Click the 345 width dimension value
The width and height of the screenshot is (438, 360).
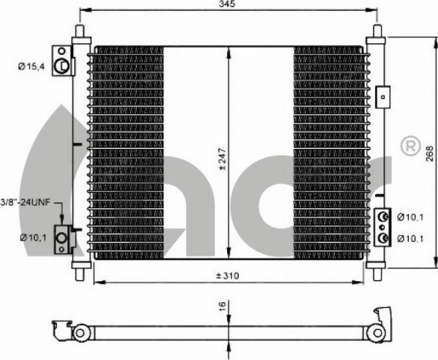(x=227, y=5)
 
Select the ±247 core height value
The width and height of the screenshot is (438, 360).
(x=222, y=156)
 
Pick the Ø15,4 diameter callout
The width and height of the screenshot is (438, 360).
(x=31, y=66)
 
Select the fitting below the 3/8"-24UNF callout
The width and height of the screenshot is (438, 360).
(x=64, y=239)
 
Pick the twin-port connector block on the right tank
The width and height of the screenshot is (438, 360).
(x=382, y=227)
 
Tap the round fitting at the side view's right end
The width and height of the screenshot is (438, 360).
(x=376, y=332)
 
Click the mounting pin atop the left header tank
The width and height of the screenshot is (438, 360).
(x=80, y=31)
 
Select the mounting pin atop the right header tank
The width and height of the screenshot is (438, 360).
(x=377, y=31)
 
